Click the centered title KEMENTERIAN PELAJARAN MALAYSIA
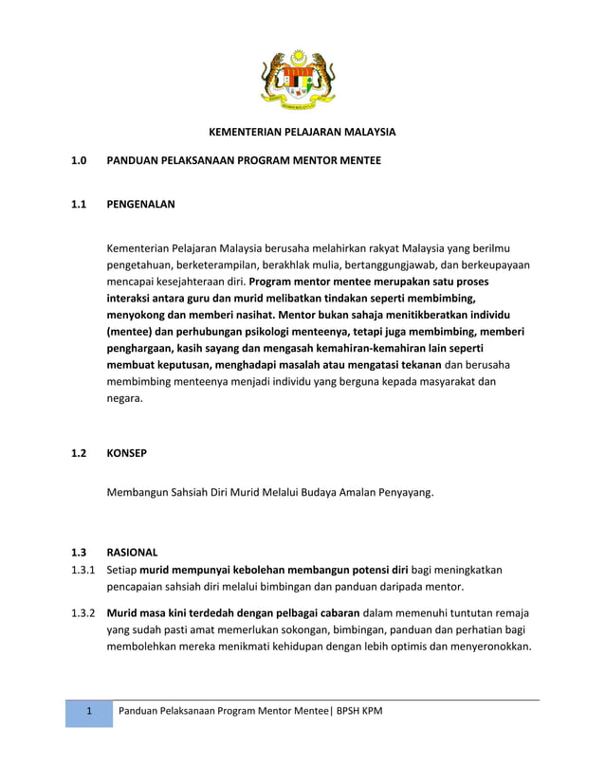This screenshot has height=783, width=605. tap(302, 132)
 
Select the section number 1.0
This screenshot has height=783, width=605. tap(79, 161)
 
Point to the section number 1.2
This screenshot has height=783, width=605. tap(79, 453)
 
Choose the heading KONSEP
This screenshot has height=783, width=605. tap(126, 453)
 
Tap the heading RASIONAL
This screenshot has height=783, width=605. tap(132, 552)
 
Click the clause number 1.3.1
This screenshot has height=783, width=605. tap(82, 570)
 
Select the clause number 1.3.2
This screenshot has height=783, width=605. tap(82, 612)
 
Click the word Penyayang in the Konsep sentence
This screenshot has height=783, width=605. tap(401, 493)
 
